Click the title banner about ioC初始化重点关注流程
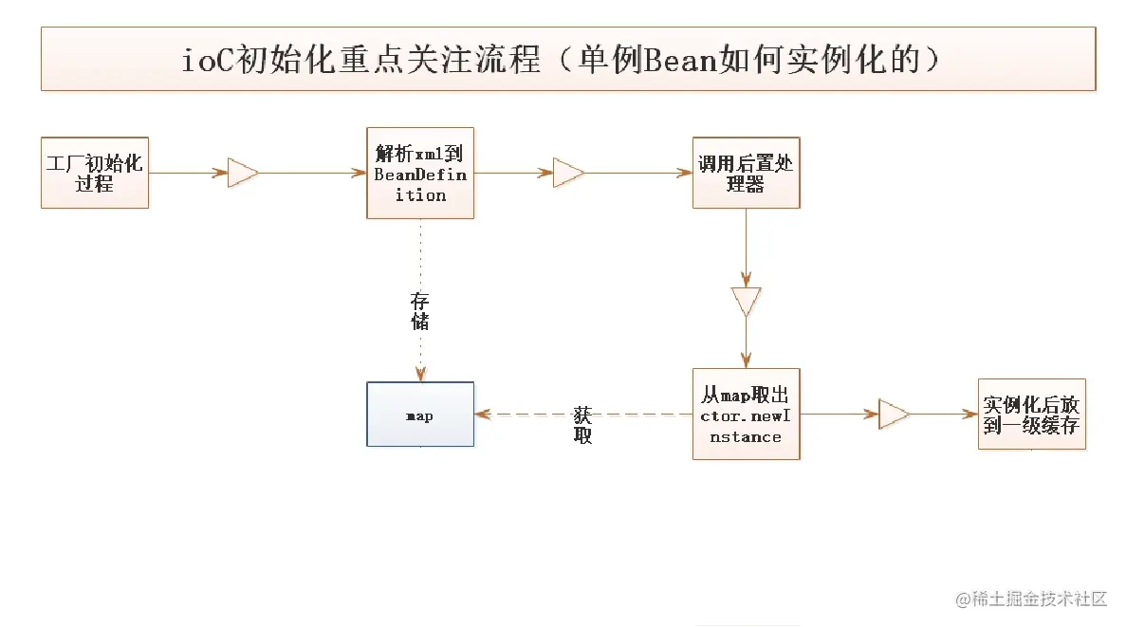[567, 59]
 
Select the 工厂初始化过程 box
[95, 173]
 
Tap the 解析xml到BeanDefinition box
[420, 173]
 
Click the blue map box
[420, 415]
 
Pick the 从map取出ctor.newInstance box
[746, 415]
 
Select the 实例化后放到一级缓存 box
[1031, 415]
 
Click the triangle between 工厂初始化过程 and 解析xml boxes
[243, 174]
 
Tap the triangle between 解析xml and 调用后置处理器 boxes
[568, 174]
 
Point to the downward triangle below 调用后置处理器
[746, 301]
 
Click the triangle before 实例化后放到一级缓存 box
[894, 415]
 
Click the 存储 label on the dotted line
[419, 311]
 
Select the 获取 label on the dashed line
[582, 425]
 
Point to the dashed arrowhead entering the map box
[482, 415]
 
